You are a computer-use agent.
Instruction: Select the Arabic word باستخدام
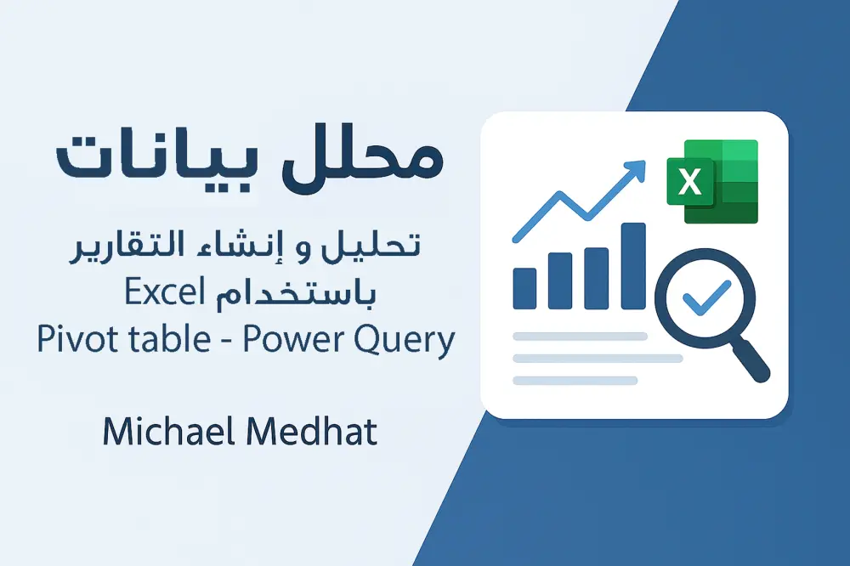(x=288, y=295)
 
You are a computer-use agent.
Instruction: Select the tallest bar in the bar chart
(x=633, y=265)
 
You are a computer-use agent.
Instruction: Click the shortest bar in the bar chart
(x=525, y=288)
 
